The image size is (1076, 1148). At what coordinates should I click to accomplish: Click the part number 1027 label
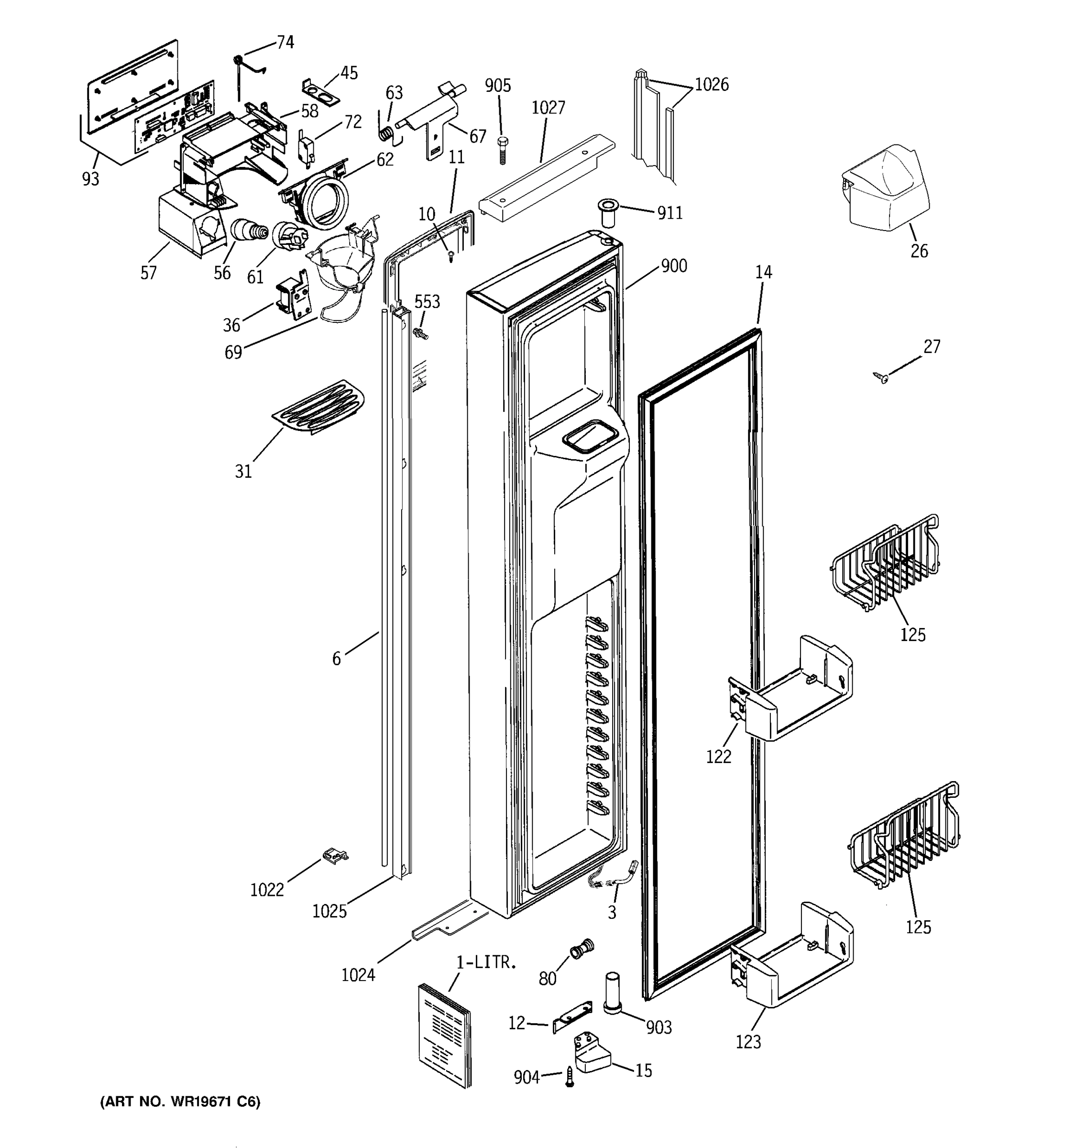tap(548, 108)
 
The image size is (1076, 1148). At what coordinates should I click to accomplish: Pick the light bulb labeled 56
tap(249, 231)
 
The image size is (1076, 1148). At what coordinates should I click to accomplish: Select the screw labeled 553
tap(421, 333)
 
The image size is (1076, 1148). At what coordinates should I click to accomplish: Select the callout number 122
tap(718, 756)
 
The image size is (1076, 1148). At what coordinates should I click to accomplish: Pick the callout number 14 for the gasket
tap(763, 272)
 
